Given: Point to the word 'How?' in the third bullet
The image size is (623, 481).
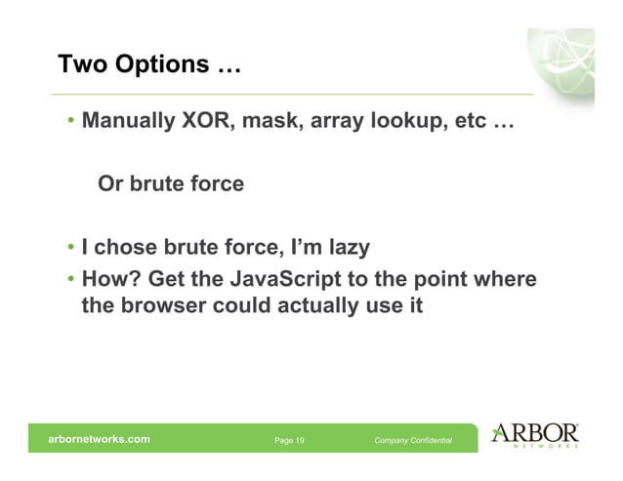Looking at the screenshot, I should pos(110,280).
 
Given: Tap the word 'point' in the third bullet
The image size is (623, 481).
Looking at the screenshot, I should pos(438,280).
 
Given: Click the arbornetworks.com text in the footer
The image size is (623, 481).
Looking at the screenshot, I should pos(100,440).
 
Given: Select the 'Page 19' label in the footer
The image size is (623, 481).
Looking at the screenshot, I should pos(289,441).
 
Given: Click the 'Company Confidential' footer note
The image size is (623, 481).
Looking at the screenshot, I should pos(413,441).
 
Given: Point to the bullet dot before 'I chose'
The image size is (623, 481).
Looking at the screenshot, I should pos(71,247).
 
